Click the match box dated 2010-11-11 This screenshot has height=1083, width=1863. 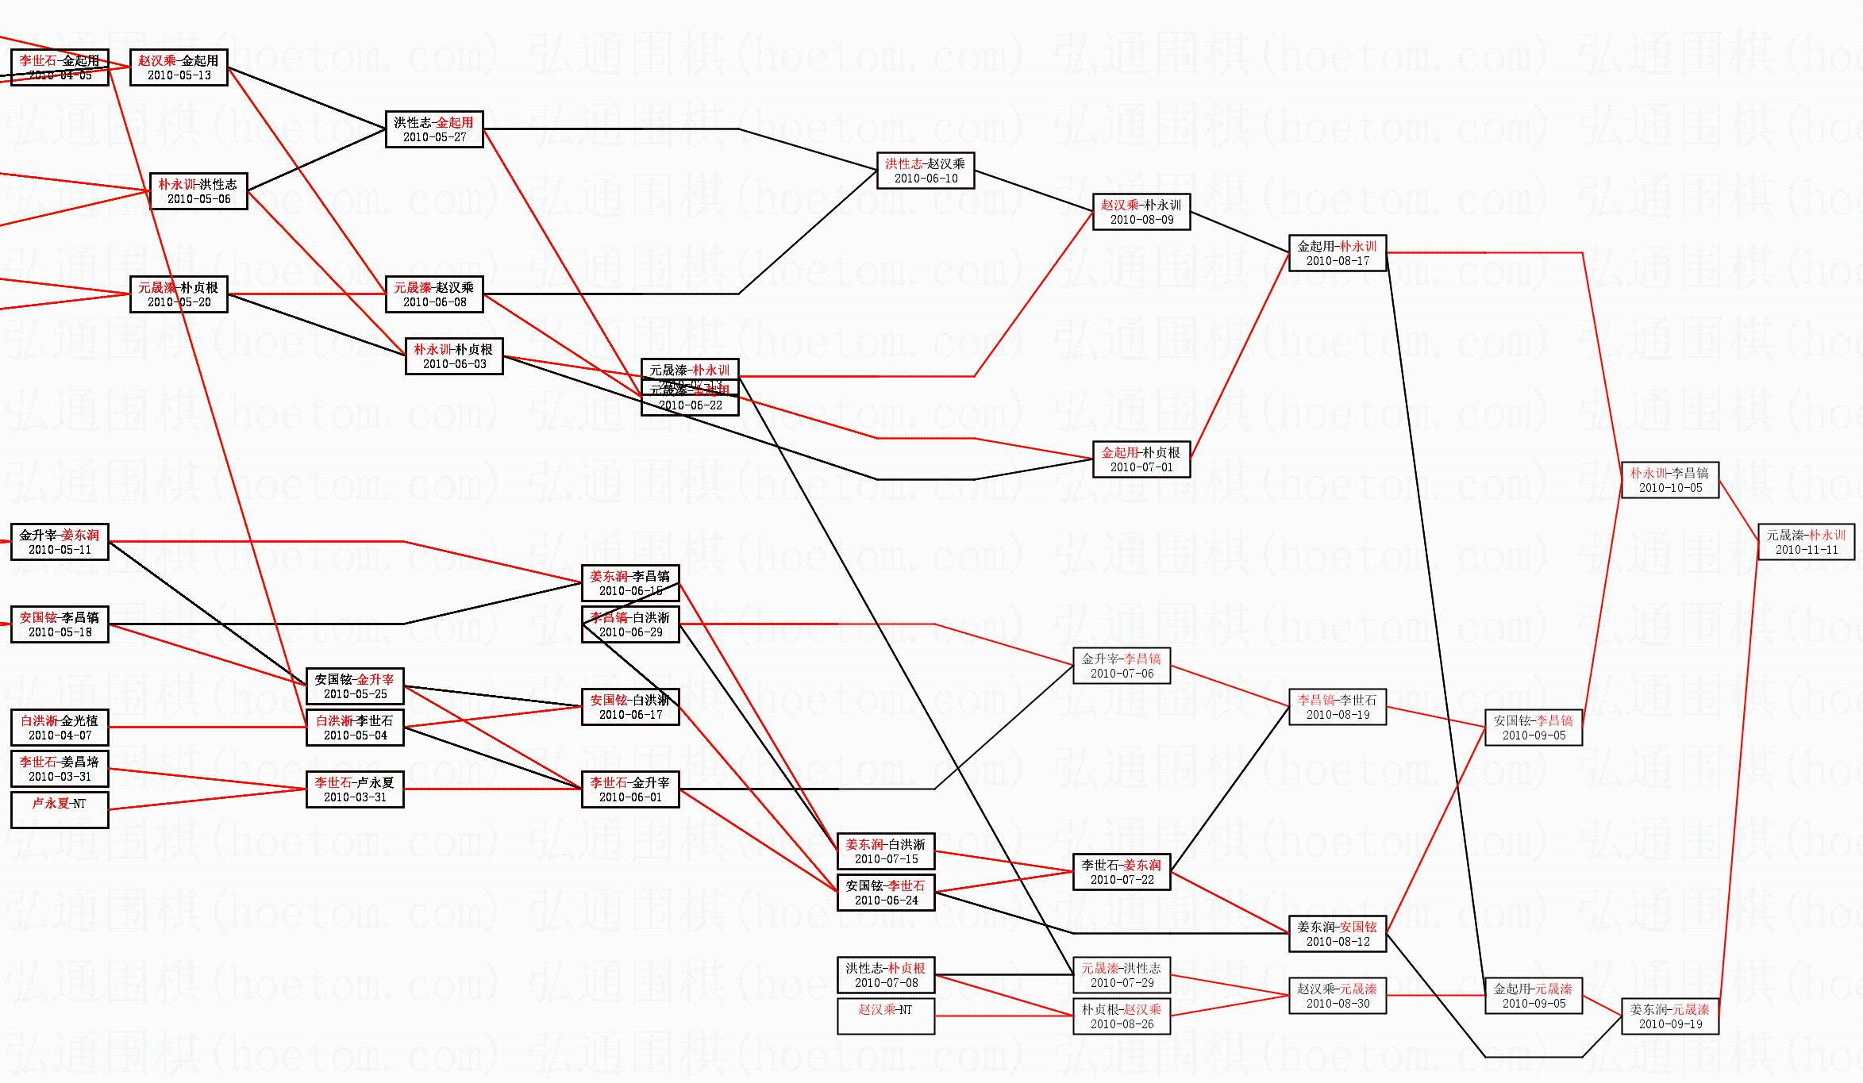click(x=1807, y=543)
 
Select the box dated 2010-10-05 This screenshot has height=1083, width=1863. click(x=1669, y=481)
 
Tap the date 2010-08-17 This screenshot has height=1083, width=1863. click(x=1338, y=261)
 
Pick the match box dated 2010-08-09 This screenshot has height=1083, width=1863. click(x=1141, y=212)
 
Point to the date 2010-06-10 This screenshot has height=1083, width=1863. click(x=926, y=179)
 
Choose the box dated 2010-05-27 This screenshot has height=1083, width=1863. click(x=434, y=129)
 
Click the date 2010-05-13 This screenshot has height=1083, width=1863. click(x=179, y=75)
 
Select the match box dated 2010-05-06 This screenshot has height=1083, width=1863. click(x=198, y=191)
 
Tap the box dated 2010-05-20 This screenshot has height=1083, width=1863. click(x=179, y=294)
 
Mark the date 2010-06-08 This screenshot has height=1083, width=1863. click(x=434, y=302)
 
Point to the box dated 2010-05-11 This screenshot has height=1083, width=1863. click(x=60, y=543)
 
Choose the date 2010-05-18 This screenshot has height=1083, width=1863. click(x=60, y=632)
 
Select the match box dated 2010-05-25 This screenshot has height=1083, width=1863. click(x=355, y=687)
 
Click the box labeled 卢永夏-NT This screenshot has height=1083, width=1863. click(x=60, y=810)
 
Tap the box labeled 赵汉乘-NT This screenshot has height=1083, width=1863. click(x=886, y=1016)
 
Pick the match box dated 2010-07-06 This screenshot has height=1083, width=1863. click(x=1122, y=666)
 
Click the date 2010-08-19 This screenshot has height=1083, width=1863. click(x=1338, y=715)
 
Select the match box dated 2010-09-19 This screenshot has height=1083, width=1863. click(x=1669, y=1017)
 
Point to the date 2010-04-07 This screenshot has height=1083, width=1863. click(x=60, y=735)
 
